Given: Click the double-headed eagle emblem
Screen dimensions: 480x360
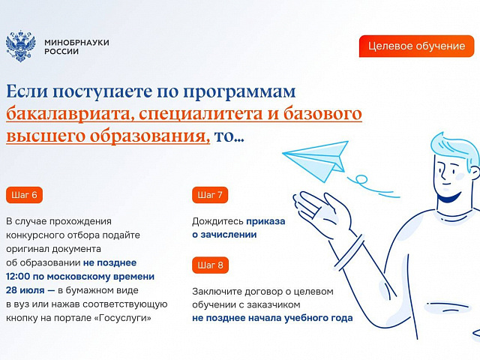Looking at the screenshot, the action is [x=21, y=46].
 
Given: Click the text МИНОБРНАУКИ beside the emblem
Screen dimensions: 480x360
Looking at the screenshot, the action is [x=76, y=42].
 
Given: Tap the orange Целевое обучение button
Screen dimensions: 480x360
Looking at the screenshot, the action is [x=416, y=46].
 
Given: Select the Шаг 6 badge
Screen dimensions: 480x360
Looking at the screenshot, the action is [x=24, y=195].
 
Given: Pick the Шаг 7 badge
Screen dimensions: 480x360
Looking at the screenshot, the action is [x=210, y=195].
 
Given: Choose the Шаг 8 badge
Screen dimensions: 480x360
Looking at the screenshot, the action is [x=210, y=265].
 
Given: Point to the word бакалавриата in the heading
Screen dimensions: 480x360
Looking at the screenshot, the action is [x=70, y=114].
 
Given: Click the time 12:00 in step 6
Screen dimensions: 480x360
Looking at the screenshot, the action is [x=18, y=277].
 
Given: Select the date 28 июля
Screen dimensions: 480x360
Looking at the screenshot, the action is [x=25, y=290].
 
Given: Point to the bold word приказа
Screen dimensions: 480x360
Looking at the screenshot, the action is [x=265, y=221].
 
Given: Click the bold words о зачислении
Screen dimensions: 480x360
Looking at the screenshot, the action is [x=224, y=235].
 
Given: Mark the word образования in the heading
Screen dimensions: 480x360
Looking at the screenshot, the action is [x=148, y=136].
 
